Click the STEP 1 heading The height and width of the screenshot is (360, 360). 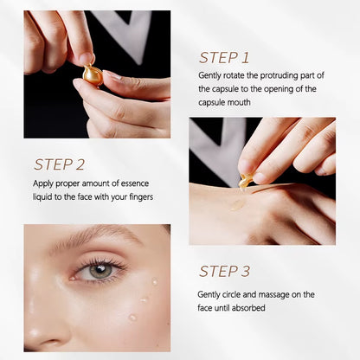click(x=224, y=58)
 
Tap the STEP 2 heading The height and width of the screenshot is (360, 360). click(x=59, y=164)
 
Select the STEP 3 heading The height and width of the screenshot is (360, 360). click(x=225, y=272)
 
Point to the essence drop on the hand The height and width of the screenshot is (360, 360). click(x=236, y=205)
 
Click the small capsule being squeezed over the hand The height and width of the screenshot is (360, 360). click(x=246, y=181)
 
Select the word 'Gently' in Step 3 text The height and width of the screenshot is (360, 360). click(x=211, y=293)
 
